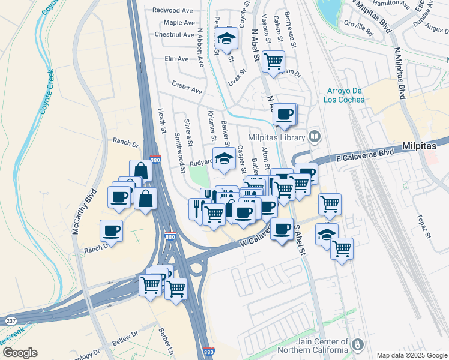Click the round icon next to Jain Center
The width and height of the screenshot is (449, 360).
pyautogui.click(x=358, y=344)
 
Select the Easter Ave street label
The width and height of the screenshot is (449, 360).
pyautogui.click(x=187, y=87)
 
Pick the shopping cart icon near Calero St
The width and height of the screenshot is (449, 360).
pyautogui.click(x=273, y=61)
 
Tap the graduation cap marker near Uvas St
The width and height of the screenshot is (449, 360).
pyautogui.click(x=226, y=40)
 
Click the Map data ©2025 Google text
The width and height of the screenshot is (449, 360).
pyautogui.click(x=412, y=355)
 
